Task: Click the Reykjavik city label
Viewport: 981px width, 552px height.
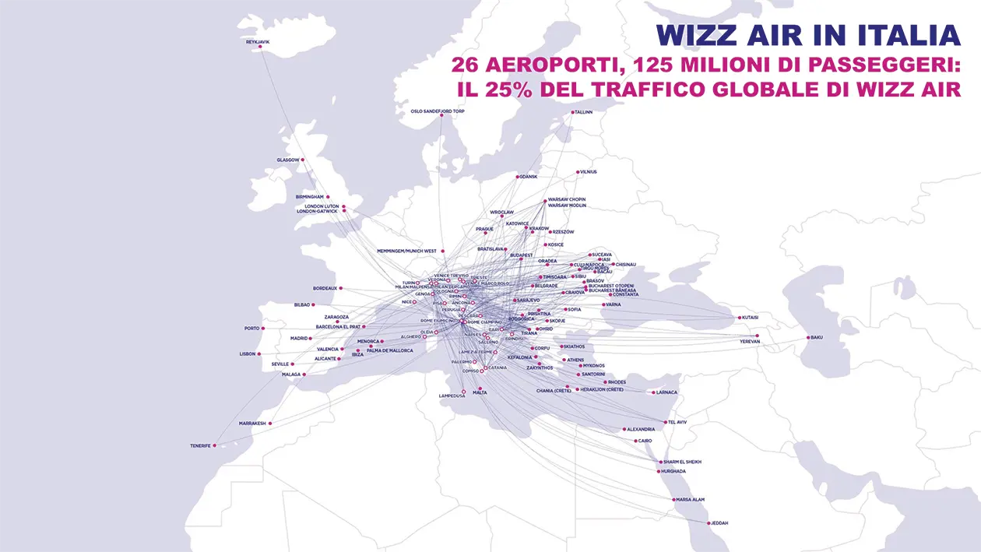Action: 257,40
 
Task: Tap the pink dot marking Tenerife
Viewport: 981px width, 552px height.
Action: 215,446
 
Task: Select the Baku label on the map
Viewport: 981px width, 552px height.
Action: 816,337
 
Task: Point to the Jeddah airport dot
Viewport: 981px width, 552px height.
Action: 708,523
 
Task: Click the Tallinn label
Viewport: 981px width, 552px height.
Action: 583,112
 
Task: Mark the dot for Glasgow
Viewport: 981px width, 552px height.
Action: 303,160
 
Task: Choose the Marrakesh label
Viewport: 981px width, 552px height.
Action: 252,424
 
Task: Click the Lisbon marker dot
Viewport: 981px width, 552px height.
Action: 260,354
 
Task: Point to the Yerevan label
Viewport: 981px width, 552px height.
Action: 750,342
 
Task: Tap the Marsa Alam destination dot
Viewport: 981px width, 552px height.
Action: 674,500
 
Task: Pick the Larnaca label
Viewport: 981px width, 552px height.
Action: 666,392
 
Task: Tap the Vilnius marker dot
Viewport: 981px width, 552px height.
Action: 576,172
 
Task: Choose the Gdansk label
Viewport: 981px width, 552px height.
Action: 529,177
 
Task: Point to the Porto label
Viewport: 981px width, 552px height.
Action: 251,329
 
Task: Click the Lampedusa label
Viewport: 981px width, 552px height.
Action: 452,396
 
